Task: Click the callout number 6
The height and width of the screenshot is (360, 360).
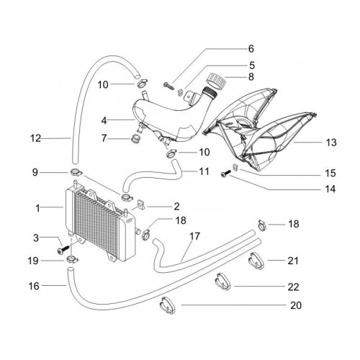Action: [x=251, y=49]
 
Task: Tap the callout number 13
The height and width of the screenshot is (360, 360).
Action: [x=331, y=143]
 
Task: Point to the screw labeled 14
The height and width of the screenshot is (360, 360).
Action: [x=225, y=174]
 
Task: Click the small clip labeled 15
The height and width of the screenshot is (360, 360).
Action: [x=235, y=167]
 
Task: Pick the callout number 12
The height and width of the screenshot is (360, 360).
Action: [x=35, y=138]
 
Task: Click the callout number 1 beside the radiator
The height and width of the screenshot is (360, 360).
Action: [x=37, y=208]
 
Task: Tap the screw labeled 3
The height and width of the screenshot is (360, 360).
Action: [x=63, y=249]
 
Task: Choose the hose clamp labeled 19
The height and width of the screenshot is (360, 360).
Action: [x=72, y=259]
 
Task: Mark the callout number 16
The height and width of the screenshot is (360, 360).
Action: [x=34, y=286]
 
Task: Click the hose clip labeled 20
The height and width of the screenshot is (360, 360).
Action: [x=167, y=305]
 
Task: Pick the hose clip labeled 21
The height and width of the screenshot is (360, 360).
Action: [x=256, y=261]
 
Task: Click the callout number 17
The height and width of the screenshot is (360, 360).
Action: [x=194, y=236]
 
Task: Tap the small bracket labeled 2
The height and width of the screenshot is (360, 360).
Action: [x=141, y=204]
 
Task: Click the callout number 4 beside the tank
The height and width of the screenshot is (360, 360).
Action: [x=104, y=121]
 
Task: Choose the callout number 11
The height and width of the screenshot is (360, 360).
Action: [x=204, y=171]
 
